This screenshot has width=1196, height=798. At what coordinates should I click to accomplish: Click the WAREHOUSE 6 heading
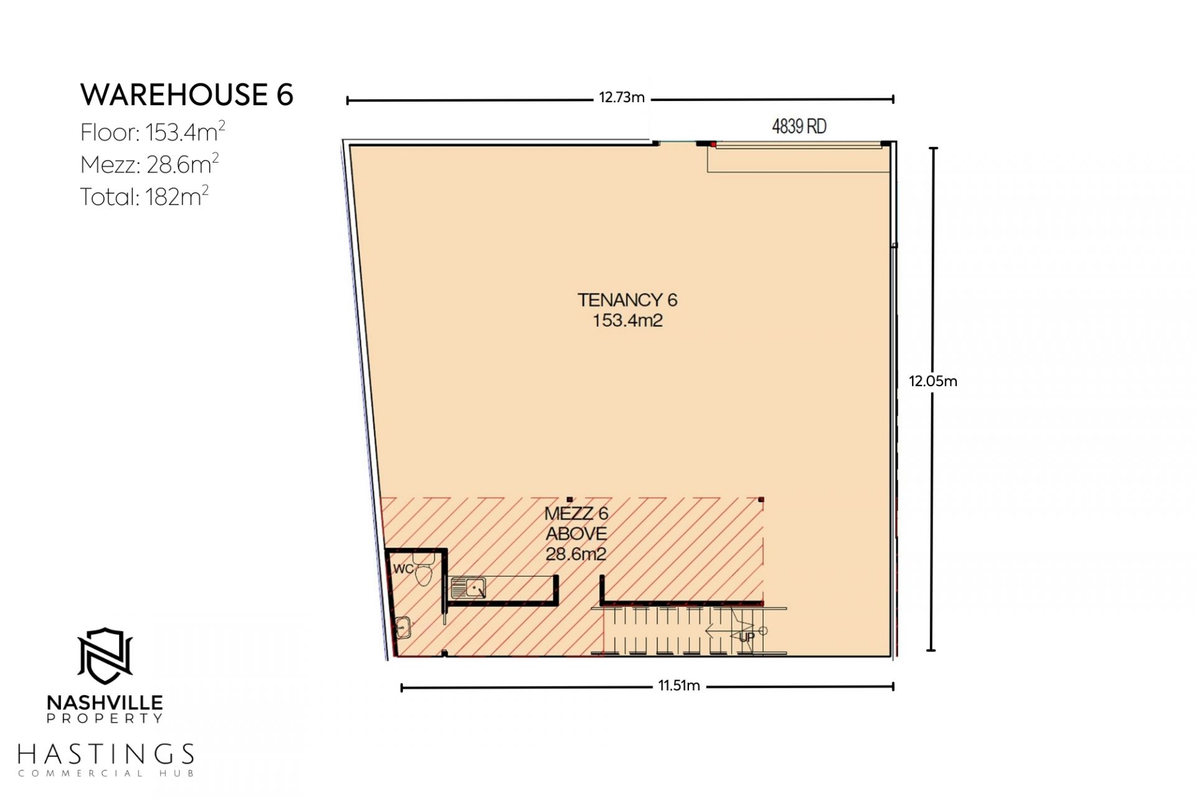coord(187,95)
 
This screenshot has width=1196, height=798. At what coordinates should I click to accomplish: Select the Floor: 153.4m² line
coord(153,131)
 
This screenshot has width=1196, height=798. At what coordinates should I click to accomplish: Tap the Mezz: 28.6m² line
coord(149,164)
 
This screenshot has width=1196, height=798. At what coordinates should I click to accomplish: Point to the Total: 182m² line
coord(145,196)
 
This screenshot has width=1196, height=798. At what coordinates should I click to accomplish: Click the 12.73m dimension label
coord(622,97)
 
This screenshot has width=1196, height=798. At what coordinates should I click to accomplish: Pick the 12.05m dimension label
coord(933,381)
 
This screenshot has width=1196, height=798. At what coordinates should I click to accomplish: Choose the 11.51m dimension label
coord(679,686)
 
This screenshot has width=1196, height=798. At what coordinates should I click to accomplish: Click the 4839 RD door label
coord(799,126)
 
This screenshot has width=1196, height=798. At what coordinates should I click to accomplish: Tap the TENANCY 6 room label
coord(627,300)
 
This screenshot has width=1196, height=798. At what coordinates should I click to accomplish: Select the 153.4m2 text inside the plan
coord(627,321)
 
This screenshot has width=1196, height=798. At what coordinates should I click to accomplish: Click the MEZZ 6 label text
coord(576,513)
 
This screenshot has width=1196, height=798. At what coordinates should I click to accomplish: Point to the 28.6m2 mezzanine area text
coord(576,554)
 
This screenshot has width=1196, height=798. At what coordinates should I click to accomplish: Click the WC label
coord(403,569)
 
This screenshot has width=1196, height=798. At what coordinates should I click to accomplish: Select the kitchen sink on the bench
coord(468,587)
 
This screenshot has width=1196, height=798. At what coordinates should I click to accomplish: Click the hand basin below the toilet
coord(403,627)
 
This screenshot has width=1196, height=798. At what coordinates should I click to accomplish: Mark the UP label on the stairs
coord(746,637)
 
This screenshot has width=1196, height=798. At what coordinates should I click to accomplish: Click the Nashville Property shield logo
coord(105,655)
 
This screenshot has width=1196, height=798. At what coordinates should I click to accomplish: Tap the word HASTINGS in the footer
coord(106,754)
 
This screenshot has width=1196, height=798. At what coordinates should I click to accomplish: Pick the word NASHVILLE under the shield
coord(105,703)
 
